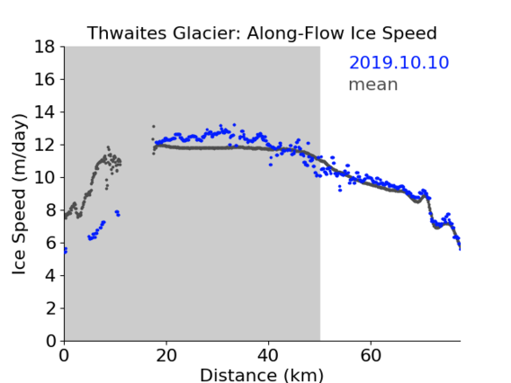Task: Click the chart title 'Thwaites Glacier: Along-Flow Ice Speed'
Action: (x=262, y=33)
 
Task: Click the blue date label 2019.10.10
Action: (x=399, y=63)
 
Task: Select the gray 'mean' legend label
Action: (x=373, y=85)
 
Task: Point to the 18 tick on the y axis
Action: (x=45, y=47)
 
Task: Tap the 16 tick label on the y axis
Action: (x=45, y=79)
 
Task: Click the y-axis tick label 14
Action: (x=45, y=112)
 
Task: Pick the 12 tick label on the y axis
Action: (x=45, y=145)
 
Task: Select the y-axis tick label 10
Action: (x=45, y=177)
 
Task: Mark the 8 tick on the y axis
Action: (x=50, y=210)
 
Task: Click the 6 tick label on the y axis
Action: (x=50, y=243)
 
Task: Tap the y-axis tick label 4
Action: (x=50, y=275)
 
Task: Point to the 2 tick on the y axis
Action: (x=50, y=308)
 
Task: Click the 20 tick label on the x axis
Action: (x=166, y=355)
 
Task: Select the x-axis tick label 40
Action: (x=268, y=355)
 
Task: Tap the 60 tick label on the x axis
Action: (x=371, y=355)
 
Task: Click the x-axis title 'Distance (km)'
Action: (x=262, y=376)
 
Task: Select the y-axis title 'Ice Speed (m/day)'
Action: (x=19, y=194)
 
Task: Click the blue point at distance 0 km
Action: (x=65, y=250)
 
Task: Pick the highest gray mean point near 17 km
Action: (x=154, y=127)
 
